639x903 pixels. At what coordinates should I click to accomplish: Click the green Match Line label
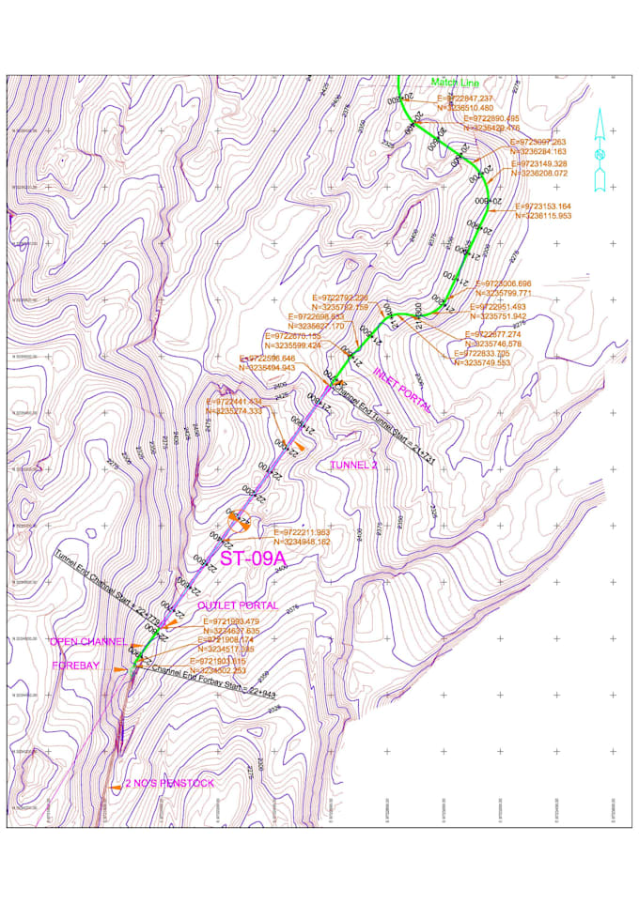pos(455,83)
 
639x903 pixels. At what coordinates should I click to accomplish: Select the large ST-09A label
pos(252,560)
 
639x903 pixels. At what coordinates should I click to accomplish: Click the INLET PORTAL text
pos(402,389)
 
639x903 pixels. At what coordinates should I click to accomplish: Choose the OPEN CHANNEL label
pos(86,642)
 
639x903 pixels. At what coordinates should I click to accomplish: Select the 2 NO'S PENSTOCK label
pos(170,783)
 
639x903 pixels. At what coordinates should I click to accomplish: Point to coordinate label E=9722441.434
pos(234,402)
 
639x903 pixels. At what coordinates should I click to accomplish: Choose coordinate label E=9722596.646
pos(268,359)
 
